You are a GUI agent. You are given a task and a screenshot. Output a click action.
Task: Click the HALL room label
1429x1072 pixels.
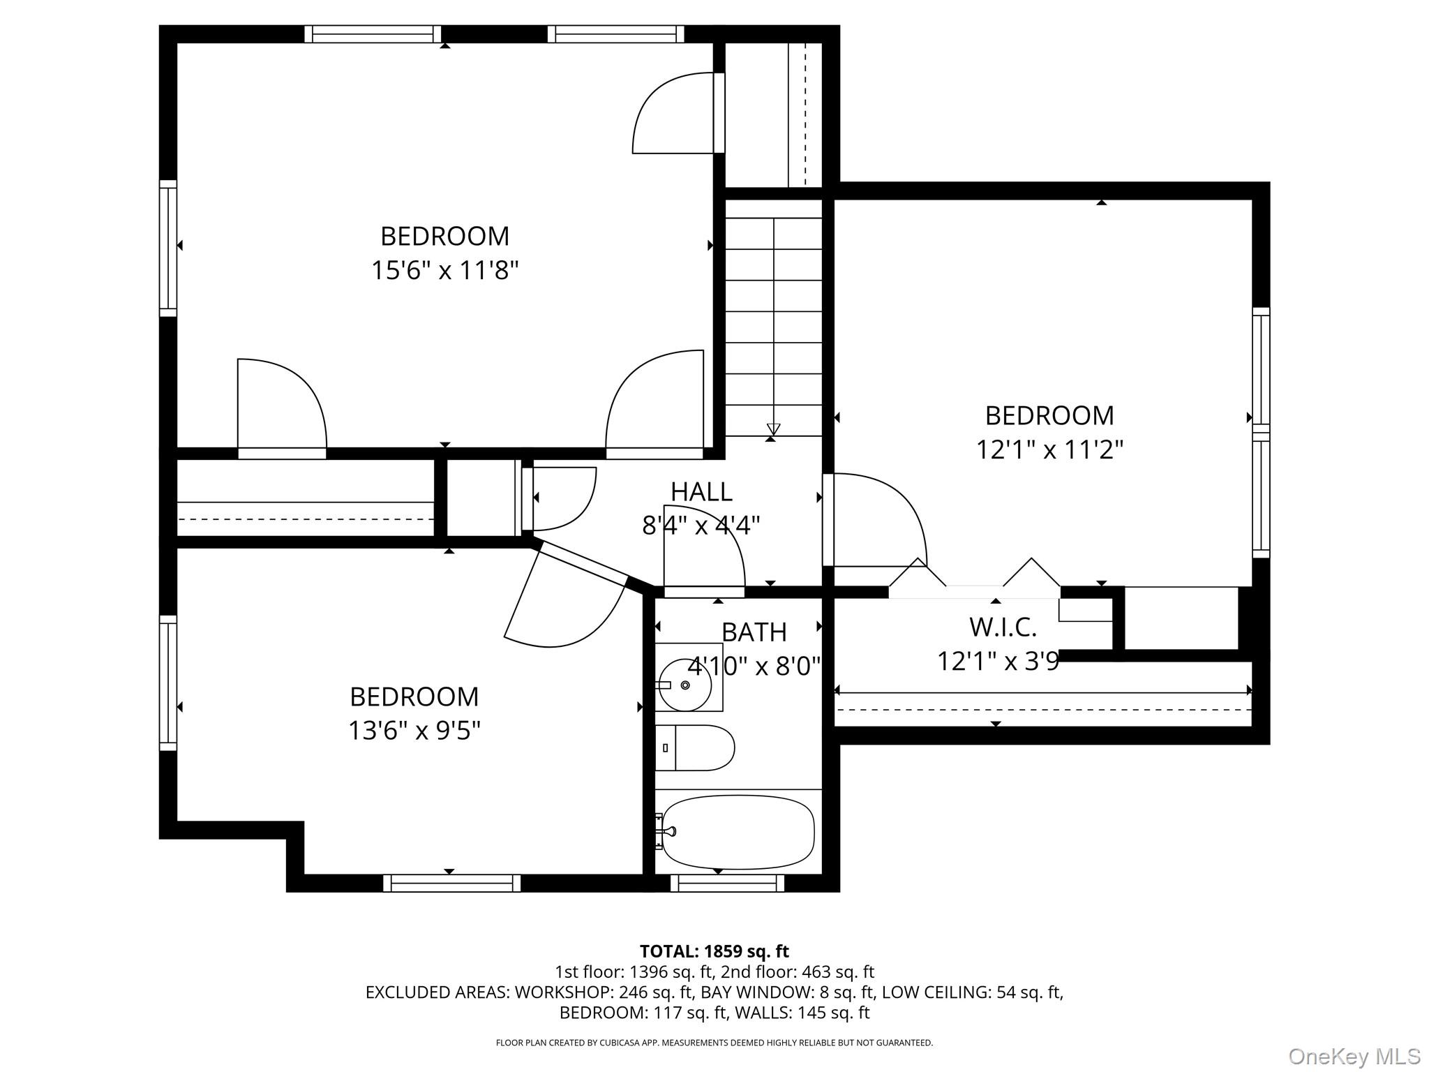[701, 492]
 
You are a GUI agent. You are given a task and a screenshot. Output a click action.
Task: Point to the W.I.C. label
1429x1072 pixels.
[1003, 627]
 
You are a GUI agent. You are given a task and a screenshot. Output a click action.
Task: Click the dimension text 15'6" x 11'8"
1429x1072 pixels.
[444, 270]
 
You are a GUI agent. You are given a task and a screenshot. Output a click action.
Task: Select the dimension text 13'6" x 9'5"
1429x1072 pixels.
[414, 731]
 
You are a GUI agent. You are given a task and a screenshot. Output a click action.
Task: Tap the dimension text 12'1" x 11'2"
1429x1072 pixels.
[1049, 449]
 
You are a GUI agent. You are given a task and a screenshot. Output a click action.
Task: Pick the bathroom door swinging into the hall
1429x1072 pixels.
[703, 551]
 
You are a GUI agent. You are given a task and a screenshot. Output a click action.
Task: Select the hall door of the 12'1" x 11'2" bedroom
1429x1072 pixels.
[876, 520]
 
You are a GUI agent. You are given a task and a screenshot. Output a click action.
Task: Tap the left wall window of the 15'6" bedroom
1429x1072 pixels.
[168, 248]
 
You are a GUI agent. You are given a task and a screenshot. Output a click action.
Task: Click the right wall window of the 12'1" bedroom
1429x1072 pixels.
[1261, 432]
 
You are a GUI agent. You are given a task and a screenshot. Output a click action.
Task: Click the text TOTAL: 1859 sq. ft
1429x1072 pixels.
[714, 951]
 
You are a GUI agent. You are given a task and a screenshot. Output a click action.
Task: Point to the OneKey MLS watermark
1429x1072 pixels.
[1354, 1057]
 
